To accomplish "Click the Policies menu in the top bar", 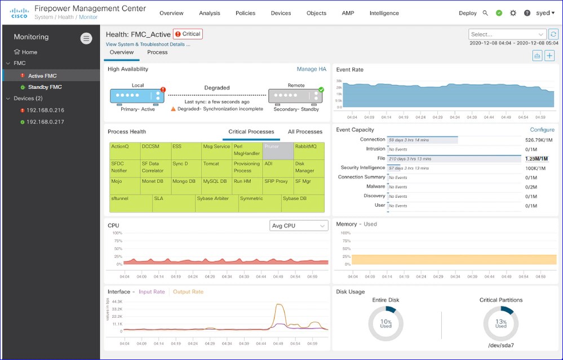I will point(245,13).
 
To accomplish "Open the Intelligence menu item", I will point(385,13).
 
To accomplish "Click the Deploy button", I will point(467,13).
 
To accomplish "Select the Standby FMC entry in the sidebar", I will point(45,87).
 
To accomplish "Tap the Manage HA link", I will point(311,69).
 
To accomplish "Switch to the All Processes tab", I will point(305,132).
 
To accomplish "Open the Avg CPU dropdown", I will point(299,226).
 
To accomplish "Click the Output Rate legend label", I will point(188,292).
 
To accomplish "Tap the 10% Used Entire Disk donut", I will point(385,324).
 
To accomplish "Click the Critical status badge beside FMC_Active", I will point(188,34).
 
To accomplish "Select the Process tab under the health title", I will point(157,52).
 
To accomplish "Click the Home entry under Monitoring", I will point(29,52).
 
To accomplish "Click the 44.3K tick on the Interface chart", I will point(117,302).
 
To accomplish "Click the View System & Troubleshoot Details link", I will point(148,44).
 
